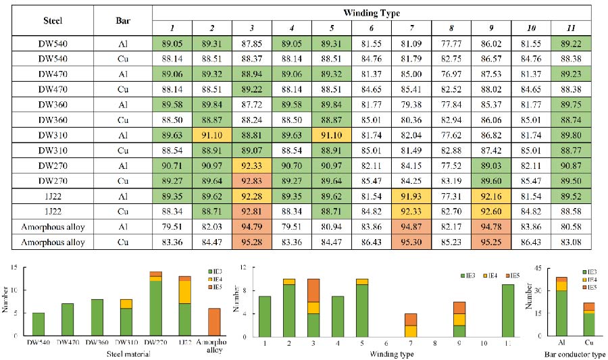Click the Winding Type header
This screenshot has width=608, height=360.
point(371,11)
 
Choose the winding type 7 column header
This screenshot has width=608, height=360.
point(411,27)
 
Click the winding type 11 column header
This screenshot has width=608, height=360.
point(571,27)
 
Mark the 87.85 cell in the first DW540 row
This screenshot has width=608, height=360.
point(252,42)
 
